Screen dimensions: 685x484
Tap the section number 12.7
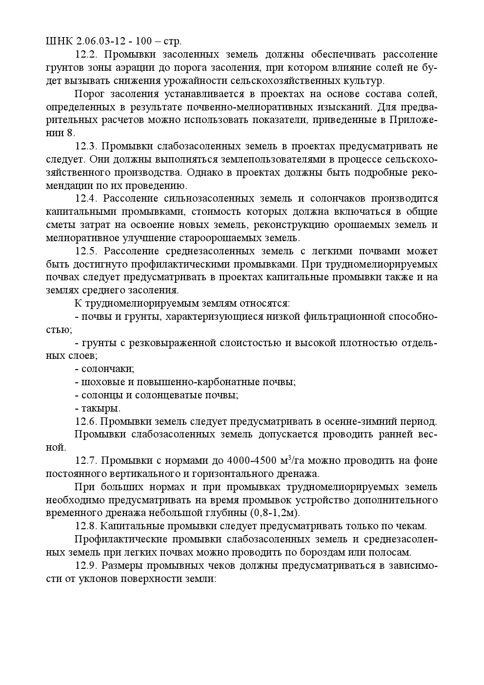86,461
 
